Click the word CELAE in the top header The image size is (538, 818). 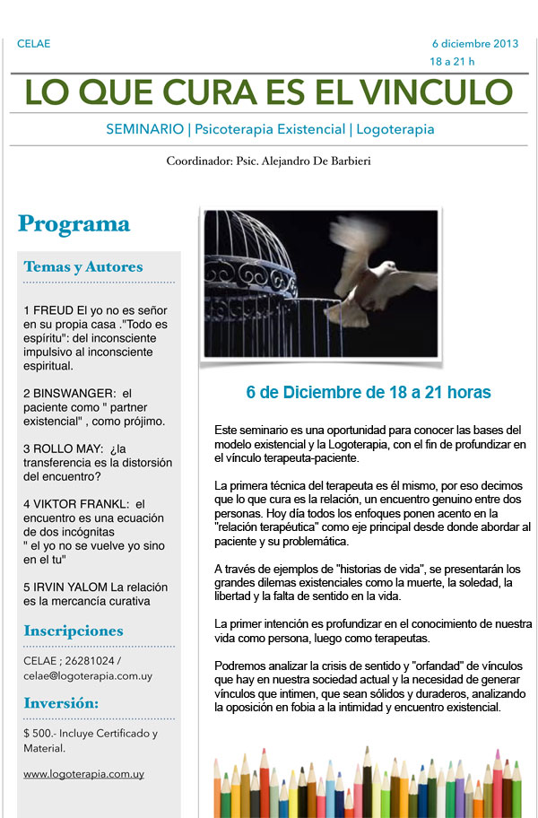click(33, 44)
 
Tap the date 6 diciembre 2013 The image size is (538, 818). click(474, 43)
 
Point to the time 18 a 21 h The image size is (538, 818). click(452, 61)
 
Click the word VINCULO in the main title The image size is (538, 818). click(438, 91)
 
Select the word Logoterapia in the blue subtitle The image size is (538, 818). click(395, 129)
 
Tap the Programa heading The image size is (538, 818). click(74, 224)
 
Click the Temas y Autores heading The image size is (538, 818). click(82, 266)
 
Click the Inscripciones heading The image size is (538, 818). click(74, 631)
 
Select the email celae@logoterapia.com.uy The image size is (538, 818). click(82, 675)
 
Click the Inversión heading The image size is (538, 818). click(62, 702)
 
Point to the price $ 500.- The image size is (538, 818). click(40, 734)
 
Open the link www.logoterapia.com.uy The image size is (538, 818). click(83, 773)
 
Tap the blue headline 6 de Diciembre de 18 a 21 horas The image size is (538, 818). click(369, 393)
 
